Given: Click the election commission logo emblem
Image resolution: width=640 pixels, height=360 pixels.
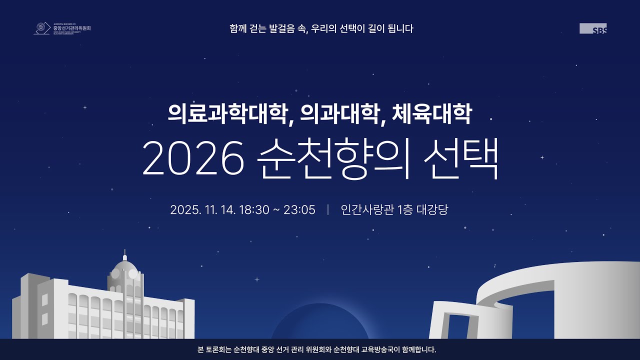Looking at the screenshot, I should click(x=41, y=28).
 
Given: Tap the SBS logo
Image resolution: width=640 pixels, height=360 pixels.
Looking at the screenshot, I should click(x=593, y=28).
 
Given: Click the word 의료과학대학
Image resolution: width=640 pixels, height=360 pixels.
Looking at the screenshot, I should click(x=229, y=114).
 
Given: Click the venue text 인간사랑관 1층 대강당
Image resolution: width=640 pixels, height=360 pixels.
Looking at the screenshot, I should click(x=394, y=210).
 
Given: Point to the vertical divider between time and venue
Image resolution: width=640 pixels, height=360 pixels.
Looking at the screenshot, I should click(x=328, y=210).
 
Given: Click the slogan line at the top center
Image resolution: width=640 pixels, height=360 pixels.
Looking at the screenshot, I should click(x=321, y=28).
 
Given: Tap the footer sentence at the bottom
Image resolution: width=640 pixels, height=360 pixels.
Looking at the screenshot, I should click(x=317, y=349).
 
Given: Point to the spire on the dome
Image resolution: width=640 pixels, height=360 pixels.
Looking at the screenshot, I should click(x=124, y=253).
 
